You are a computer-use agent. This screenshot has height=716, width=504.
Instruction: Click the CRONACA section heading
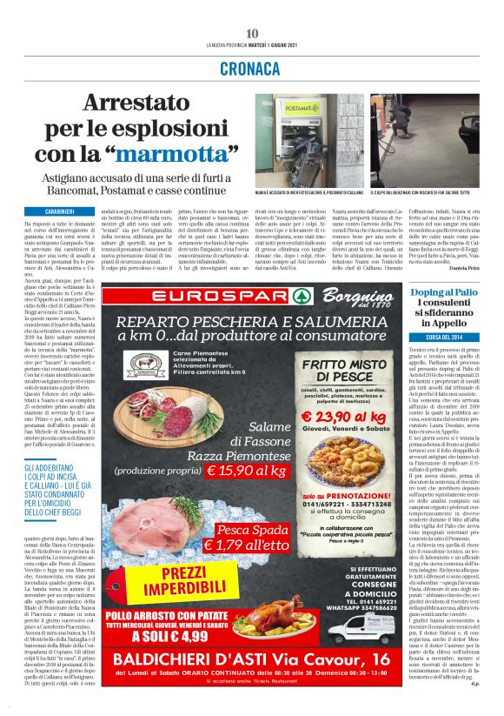252,67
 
